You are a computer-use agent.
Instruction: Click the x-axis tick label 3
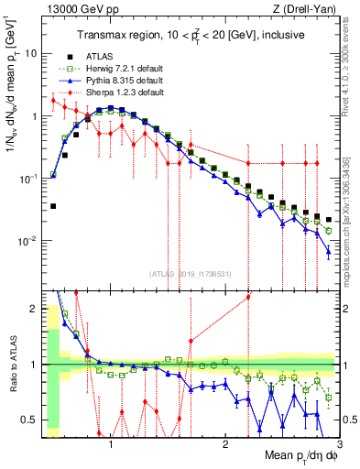338,442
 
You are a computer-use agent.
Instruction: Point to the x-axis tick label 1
111,442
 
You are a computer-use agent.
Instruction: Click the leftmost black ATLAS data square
53,206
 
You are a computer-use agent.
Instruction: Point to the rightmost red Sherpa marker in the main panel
317,163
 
